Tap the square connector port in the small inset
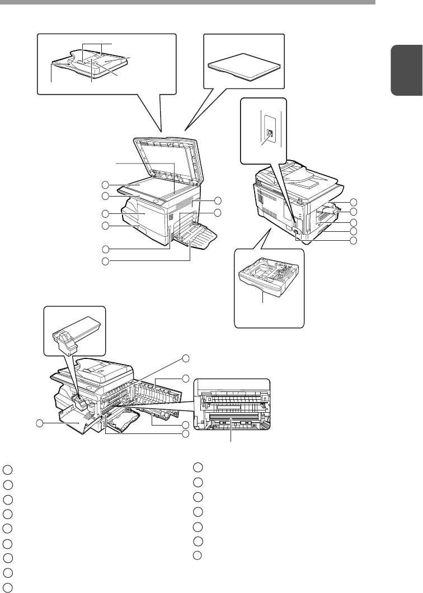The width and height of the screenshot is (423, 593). pyautogui.click(x=269, y=132)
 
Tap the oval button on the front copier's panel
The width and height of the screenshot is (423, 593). pyautogui.click(x=157, y=199)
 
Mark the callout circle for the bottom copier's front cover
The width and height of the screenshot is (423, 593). pyautogui.click(x=40, y=423)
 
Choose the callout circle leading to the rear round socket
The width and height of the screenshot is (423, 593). pyautogui.click(x=352, y=240)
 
